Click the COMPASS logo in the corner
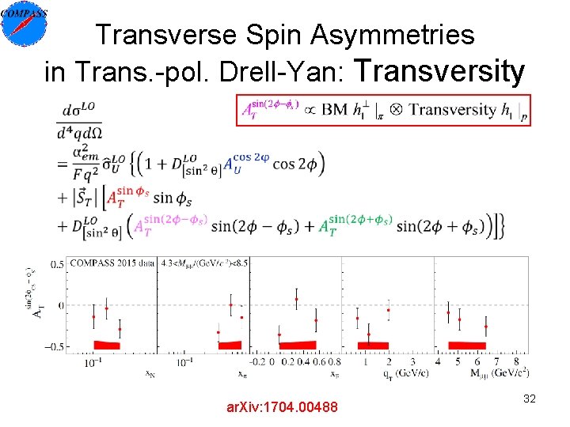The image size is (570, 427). [25, 25]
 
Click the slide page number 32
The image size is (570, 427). [530, 399]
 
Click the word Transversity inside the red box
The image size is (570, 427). [453, 110]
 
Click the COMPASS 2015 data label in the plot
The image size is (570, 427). [112, 263]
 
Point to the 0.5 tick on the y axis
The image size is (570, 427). [57, 263]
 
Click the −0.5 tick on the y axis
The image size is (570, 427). [54, 346]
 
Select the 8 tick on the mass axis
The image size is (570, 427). [515, 361]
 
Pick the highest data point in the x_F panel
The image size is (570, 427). [296, 299]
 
